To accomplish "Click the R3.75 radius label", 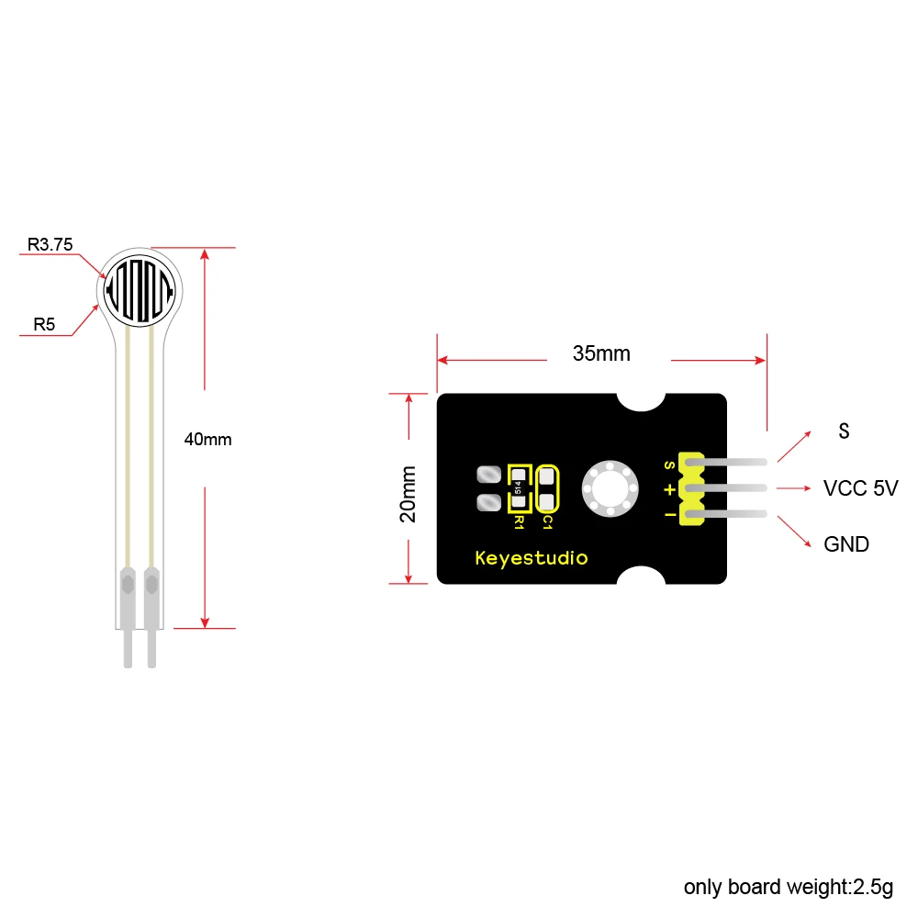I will point(50,244).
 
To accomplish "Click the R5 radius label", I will point(44,323).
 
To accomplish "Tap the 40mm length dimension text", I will point(207,439).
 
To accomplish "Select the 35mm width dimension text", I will point(601,353).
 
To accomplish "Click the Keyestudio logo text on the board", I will point(531,557).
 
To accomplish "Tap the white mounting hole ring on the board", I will point(607,489).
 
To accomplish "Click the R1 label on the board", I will point(519,522).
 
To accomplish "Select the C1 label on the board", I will point(547,522).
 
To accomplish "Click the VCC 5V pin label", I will point(860,487).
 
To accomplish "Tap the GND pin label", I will point(845,544).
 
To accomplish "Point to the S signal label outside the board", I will point(844,431).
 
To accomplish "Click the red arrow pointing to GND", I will point(796,532).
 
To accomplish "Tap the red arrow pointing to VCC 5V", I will point(794,487).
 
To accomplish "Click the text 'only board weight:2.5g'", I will point(788,888).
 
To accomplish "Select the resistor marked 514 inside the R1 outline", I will point(519,489).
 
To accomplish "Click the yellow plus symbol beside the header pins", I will point(669,489).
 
